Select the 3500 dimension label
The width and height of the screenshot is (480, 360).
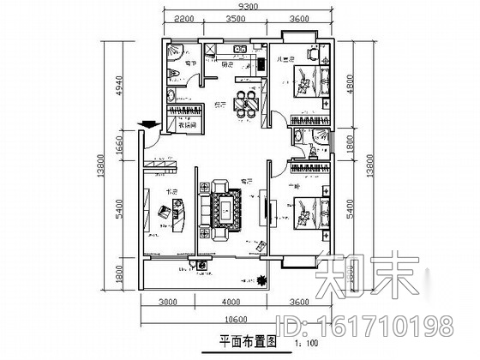pyautogui.click(x=237, y=18)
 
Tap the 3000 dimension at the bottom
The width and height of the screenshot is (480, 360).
pyautogui.click(x=167, y=303)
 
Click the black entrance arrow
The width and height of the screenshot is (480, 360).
pyautogui.click(x=149, y=126)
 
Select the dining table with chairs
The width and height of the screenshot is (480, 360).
pyautogui.click(x=247, y=101)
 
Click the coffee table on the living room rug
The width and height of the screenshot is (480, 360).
pyautogui.click(x=226, y=207)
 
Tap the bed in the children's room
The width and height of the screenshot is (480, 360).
pyautogui.click(x=307, y=86)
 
